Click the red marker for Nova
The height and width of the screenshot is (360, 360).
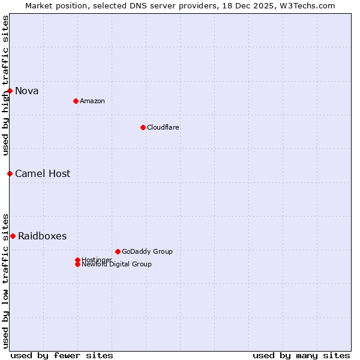click(x=10, y=91)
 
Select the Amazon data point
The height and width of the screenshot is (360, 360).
click(x=76, y=101)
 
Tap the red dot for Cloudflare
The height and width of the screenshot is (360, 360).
click(x=143, y=127)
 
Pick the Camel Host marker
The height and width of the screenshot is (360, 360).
click(x=10, y=173)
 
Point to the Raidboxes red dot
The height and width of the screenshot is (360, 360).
click(x=13, y=236)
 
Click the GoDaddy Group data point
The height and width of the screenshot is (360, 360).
click(x=118, y=251)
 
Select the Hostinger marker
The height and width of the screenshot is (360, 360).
click(x=77, y=260)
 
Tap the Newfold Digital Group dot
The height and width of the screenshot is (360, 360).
click(x=77, y=265)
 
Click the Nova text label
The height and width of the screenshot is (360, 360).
click(x=27, y=91)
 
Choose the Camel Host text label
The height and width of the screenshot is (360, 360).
click(x=43, y=173)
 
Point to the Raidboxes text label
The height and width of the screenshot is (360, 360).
click(x=43, y=236)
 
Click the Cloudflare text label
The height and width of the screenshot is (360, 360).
click(x=163, y=127)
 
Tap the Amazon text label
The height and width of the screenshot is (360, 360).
click(x=92, y=101)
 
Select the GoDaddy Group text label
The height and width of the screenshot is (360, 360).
click(x=147, y=251)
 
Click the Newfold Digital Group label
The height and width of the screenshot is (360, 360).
click(x=117, y=265)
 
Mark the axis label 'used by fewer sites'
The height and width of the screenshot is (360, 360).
click(x=62, y=355)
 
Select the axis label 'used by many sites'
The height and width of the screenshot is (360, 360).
click(x=301, y=355)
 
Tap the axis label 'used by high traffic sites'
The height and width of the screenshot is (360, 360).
click(x=5, y=85)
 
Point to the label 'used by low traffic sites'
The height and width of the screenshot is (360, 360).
click(x=5, y=280)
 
